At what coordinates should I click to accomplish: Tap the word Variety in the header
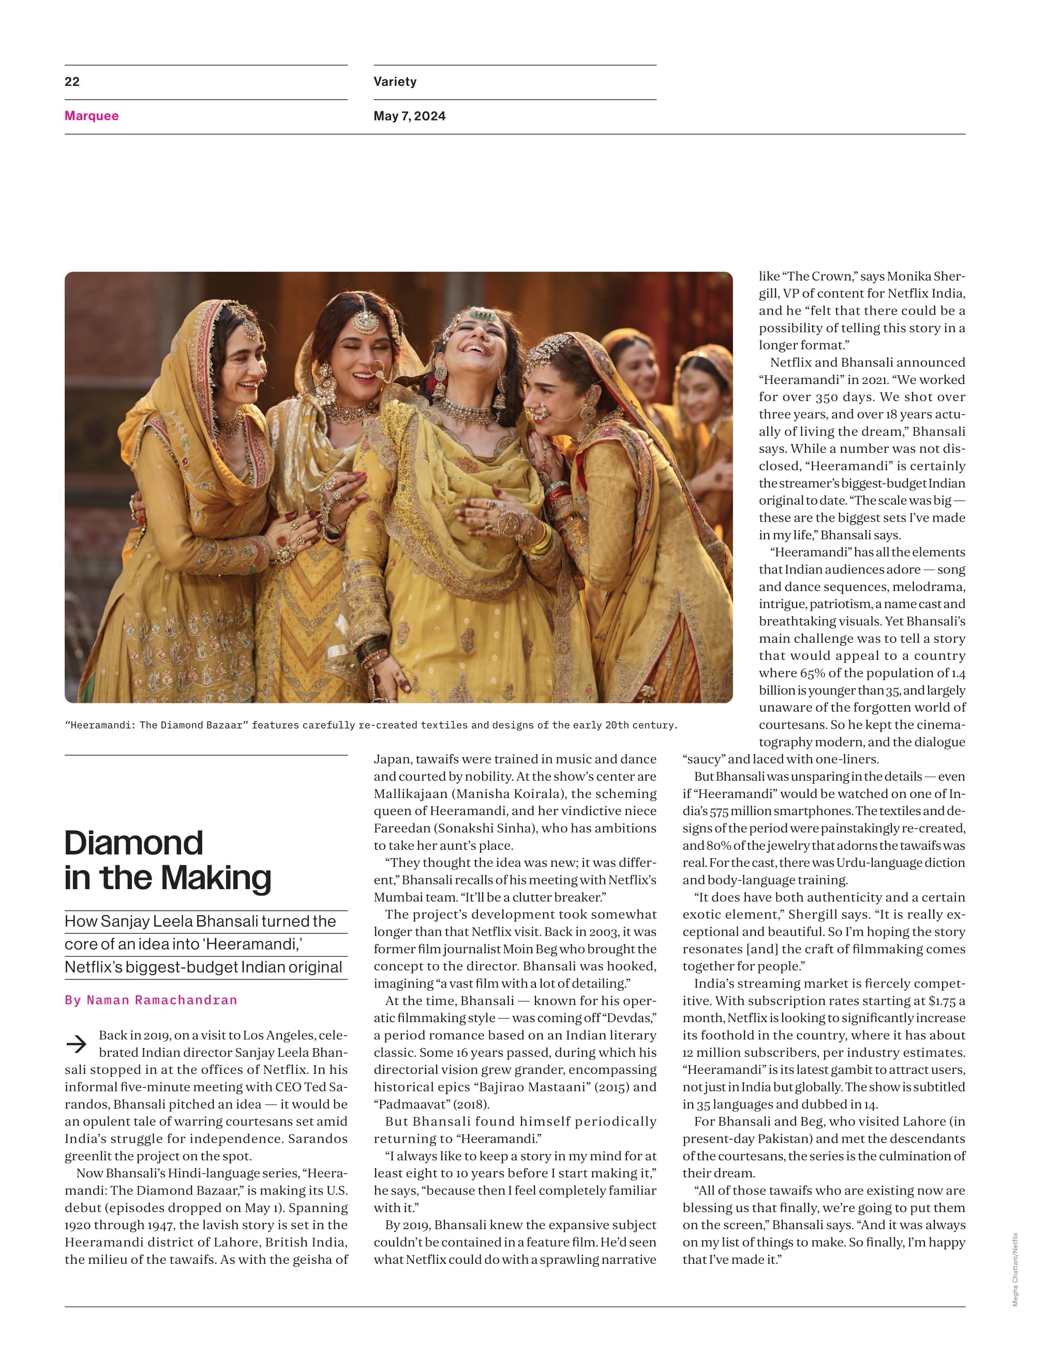tap(395, 82)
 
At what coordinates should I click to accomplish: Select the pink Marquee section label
tap(92, 115)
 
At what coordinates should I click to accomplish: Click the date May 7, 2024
tap(409, 115)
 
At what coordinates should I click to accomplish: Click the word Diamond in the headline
tap(133, 843)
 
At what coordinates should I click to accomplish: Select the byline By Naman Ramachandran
tap(151, 1000)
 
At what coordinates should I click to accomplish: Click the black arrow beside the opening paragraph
tap(77, 1044)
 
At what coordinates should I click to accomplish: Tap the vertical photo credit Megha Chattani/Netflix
tap(1014, 1270)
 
